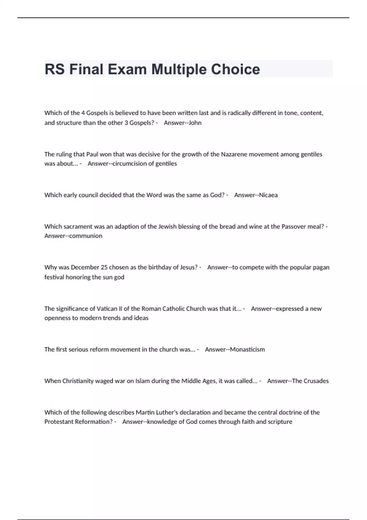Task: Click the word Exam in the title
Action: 127,69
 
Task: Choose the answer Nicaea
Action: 268,195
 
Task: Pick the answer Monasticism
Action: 247,349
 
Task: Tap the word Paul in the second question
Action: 92,154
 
